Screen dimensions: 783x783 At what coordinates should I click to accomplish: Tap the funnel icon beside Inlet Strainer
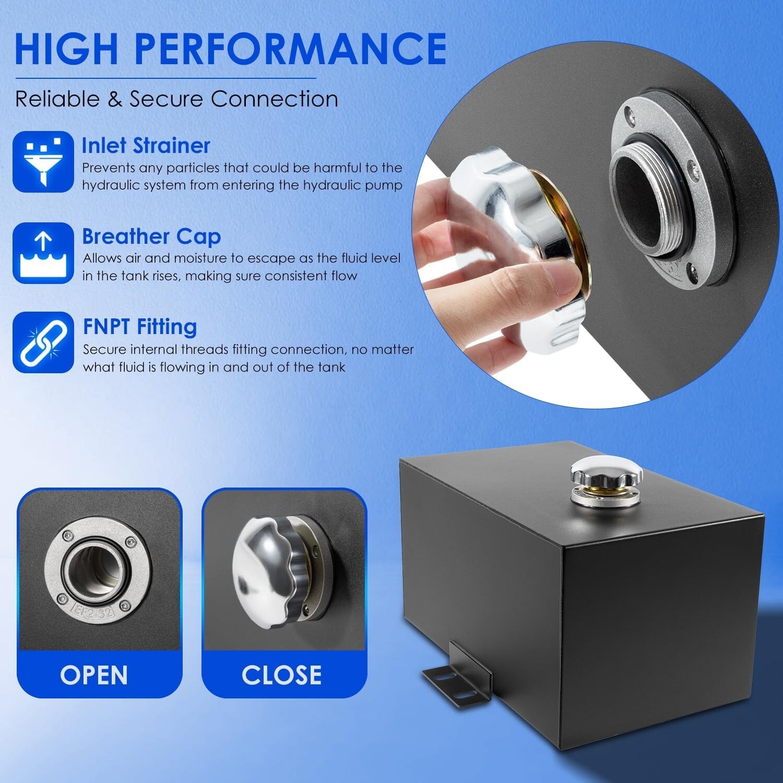click(x=43, y=161)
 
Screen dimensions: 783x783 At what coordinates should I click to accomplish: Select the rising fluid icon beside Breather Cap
click(x=43, y=253)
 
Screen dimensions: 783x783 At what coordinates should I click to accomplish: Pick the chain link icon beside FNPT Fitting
click(x=43, y=342)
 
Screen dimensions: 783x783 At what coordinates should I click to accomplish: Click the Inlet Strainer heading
click(x=146, y=146)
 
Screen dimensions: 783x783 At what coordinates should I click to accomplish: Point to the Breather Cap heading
click(x=152, y=237)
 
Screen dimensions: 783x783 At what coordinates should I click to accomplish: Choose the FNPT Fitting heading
click(x=140, y=327)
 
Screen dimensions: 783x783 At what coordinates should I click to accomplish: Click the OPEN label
click(x=94, y=674)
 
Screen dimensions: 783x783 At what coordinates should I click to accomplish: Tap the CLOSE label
click(x=281, y=674)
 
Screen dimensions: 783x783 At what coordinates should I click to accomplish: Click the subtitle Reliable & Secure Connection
click(x=176, y=99)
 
